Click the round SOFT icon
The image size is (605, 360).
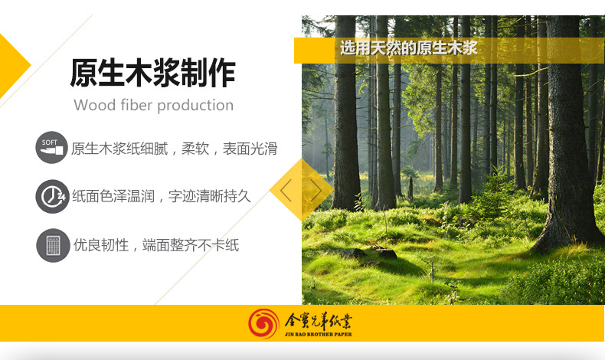[x=52, y=148]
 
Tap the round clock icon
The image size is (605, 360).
[x=52, y=196]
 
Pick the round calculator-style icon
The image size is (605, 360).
[x=52, y=246]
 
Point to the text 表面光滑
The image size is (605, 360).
[x=250, y=149]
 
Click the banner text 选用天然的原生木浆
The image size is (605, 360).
[x=408, y=49]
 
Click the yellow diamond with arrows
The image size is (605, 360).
[x=301, y=190]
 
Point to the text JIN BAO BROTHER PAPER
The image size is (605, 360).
[x=319, y=335]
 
